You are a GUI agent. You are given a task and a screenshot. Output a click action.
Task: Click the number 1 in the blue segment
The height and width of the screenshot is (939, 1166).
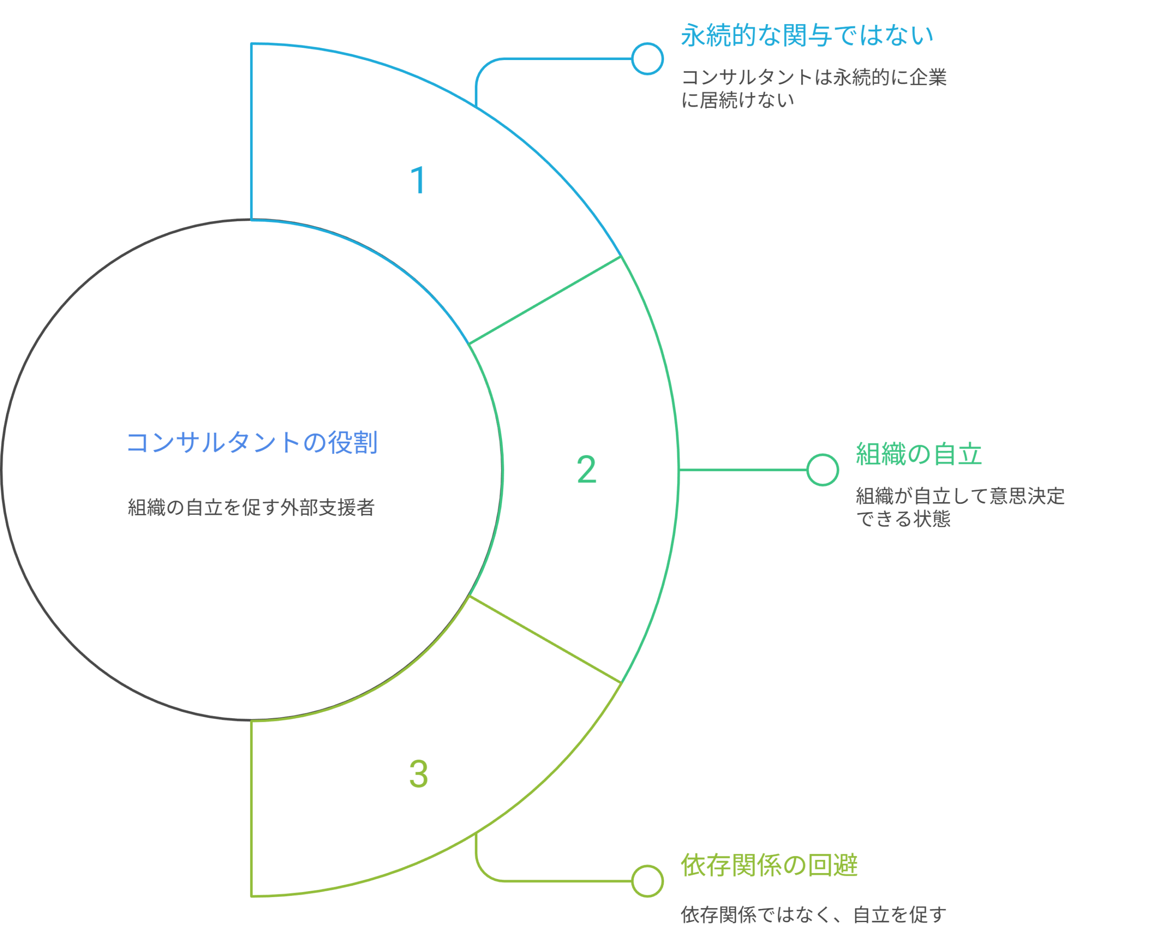(x=419, y=180)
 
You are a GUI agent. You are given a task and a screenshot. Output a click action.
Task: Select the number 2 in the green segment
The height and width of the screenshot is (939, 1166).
(x=586, y=470)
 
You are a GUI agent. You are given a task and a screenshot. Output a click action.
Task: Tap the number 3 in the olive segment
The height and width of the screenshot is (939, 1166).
(x=419, y=773)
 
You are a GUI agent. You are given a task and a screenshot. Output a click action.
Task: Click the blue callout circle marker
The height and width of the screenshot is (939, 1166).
(x=647, y=58)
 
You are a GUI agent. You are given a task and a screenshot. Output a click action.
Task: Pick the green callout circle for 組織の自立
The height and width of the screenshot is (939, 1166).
(x=822, y=470)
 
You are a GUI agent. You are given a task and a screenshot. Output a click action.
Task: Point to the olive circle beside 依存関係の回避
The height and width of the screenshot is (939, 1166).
(x=647, y=881)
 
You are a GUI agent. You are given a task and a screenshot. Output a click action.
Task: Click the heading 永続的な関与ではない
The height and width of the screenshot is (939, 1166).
(x=807, y=36)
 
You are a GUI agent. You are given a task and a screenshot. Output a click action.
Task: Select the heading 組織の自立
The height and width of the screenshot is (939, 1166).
(x=919, y=454)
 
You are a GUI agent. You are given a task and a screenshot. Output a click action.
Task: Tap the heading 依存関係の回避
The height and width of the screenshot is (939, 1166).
(x=769, y=865)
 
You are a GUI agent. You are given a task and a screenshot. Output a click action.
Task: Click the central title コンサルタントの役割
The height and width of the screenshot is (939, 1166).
(x=252, y=442)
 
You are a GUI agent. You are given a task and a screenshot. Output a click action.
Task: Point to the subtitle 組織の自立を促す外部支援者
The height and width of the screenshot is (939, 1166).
(x=251, y=508)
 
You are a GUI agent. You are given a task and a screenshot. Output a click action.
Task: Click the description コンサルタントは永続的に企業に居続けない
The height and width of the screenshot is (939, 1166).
(x=813, y=88)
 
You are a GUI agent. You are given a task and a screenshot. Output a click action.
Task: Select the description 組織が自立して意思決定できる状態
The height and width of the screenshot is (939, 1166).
(x=960, y=507)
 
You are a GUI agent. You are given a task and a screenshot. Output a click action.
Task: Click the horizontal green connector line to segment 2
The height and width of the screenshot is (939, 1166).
(x=742, y=470)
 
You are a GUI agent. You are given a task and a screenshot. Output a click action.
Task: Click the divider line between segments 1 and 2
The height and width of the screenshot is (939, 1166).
(x=545, y=300)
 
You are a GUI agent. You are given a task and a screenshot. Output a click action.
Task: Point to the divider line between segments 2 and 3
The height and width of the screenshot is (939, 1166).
(x=545, y=640)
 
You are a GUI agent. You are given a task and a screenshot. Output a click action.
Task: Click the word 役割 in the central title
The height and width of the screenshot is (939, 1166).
(x=353, y=442)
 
